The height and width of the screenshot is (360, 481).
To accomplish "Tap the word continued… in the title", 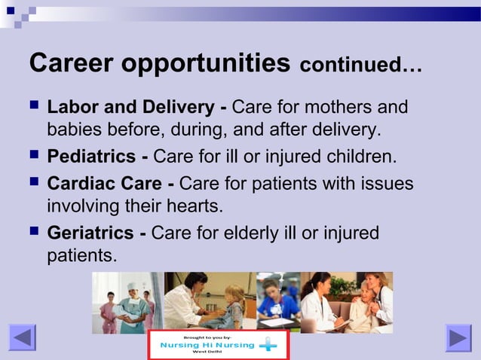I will click(360, 66).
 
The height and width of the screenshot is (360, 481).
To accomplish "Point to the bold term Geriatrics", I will click(91, 233).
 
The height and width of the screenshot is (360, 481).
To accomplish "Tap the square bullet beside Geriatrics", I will click(34, 233).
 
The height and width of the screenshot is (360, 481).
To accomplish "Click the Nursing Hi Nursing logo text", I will click(207, 346).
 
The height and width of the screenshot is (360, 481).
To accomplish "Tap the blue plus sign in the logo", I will click(268, 346).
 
